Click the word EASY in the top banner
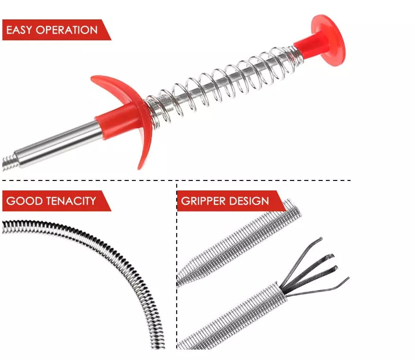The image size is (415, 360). coord(19,30)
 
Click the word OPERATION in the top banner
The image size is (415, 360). coord(67,30)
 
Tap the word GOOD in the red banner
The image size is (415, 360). coord(25,201)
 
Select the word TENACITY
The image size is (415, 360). coord(72,201)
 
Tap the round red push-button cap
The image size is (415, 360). coord(330,40)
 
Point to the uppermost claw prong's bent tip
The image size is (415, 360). coord(320,239)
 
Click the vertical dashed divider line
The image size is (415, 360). coord(177,265)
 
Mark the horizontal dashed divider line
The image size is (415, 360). coord(177,180)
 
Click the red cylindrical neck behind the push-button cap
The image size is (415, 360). coord(307,45)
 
